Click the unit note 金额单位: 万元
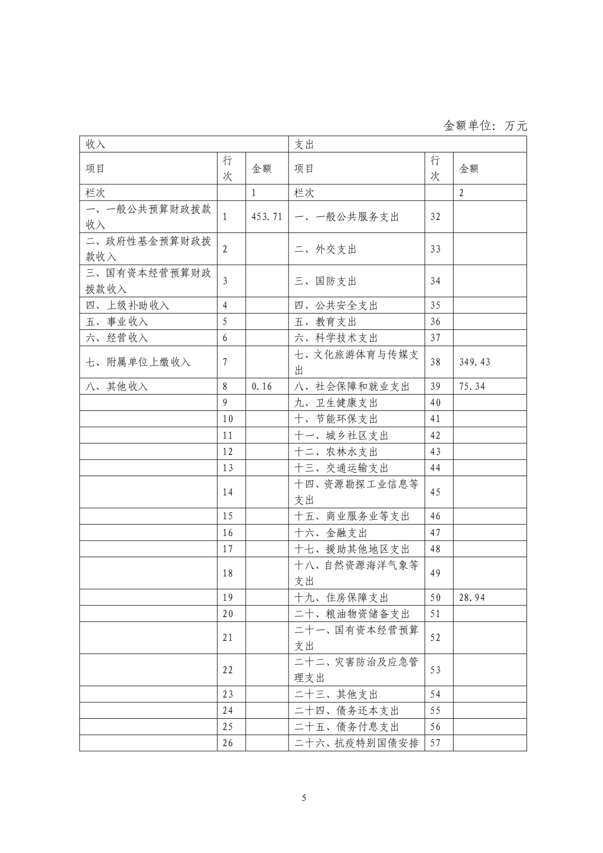point(485,126)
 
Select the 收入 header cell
point(96,144)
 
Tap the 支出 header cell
point(304,144)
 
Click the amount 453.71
point(267,217)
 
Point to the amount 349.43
point(474,362)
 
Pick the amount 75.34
point(472,386)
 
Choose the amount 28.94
point(472,598)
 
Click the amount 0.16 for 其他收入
point(262,386)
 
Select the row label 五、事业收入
point(117,322)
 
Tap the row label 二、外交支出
point(326,249)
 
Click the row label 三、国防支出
point(326,281)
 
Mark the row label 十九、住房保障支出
point(341,598)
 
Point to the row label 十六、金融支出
point(331,533)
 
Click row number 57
point(435,743)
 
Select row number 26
point(228,743)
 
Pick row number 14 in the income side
point(228,492)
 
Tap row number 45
point(435,492)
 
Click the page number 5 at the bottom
point(304,798)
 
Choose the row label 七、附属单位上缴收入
point(138,362)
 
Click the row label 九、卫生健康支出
point(336,403)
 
